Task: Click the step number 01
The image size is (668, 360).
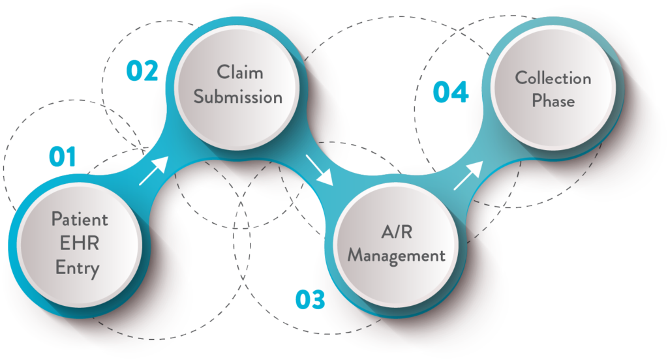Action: (x=63, y=157)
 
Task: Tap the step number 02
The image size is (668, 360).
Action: (x=142, y=70)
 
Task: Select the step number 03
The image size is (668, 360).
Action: (x=309, y=300)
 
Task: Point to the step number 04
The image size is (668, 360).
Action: (x=451, y=92)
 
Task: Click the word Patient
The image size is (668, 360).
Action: (x=80, y=218)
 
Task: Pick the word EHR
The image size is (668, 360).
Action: (x=80, y=243)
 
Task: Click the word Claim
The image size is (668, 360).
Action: (x=238, y=72)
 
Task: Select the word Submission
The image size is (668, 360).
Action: (x=238, y=97)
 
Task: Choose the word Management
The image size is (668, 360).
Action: (x=397, y=254)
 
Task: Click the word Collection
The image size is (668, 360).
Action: (x=553, y=78)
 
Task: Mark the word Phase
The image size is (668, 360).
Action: (x=553, y=102)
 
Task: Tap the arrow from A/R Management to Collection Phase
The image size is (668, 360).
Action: (x=468, y=174)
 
